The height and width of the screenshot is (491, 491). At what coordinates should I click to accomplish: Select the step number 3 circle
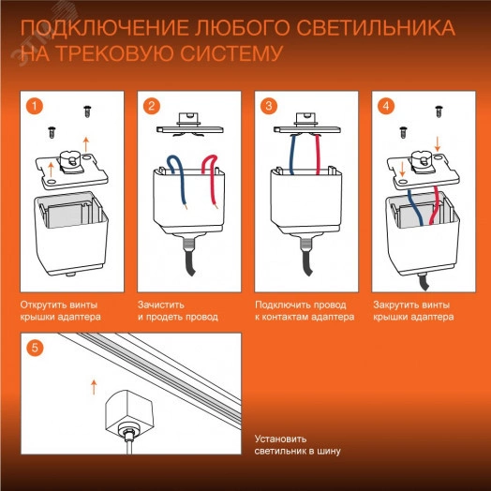pos(270,106)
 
